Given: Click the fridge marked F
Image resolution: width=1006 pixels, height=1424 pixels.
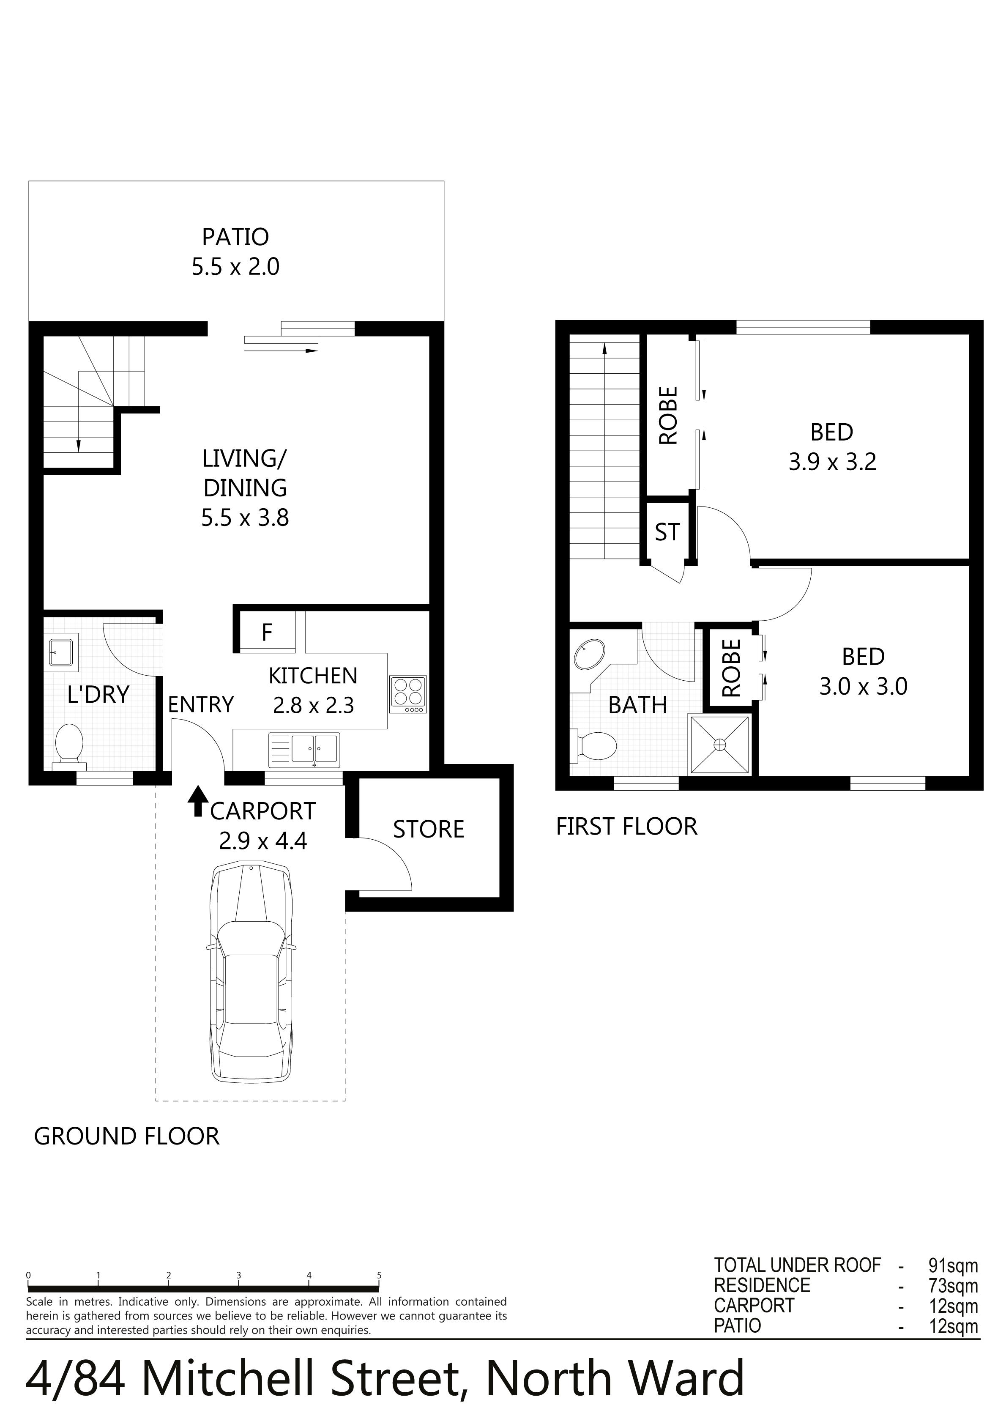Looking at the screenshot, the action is pos(267,632).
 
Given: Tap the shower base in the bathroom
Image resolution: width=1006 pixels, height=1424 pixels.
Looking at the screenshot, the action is pos(719,744).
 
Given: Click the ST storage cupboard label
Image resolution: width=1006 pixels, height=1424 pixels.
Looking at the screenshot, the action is pos(667,532).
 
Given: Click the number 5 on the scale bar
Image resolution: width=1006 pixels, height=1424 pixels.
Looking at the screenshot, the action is pos(379,1274).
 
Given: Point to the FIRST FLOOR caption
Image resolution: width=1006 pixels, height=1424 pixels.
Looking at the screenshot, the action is pos(626,827).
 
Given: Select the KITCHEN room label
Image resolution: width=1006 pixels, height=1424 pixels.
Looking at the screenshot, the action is pos(313,675).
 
